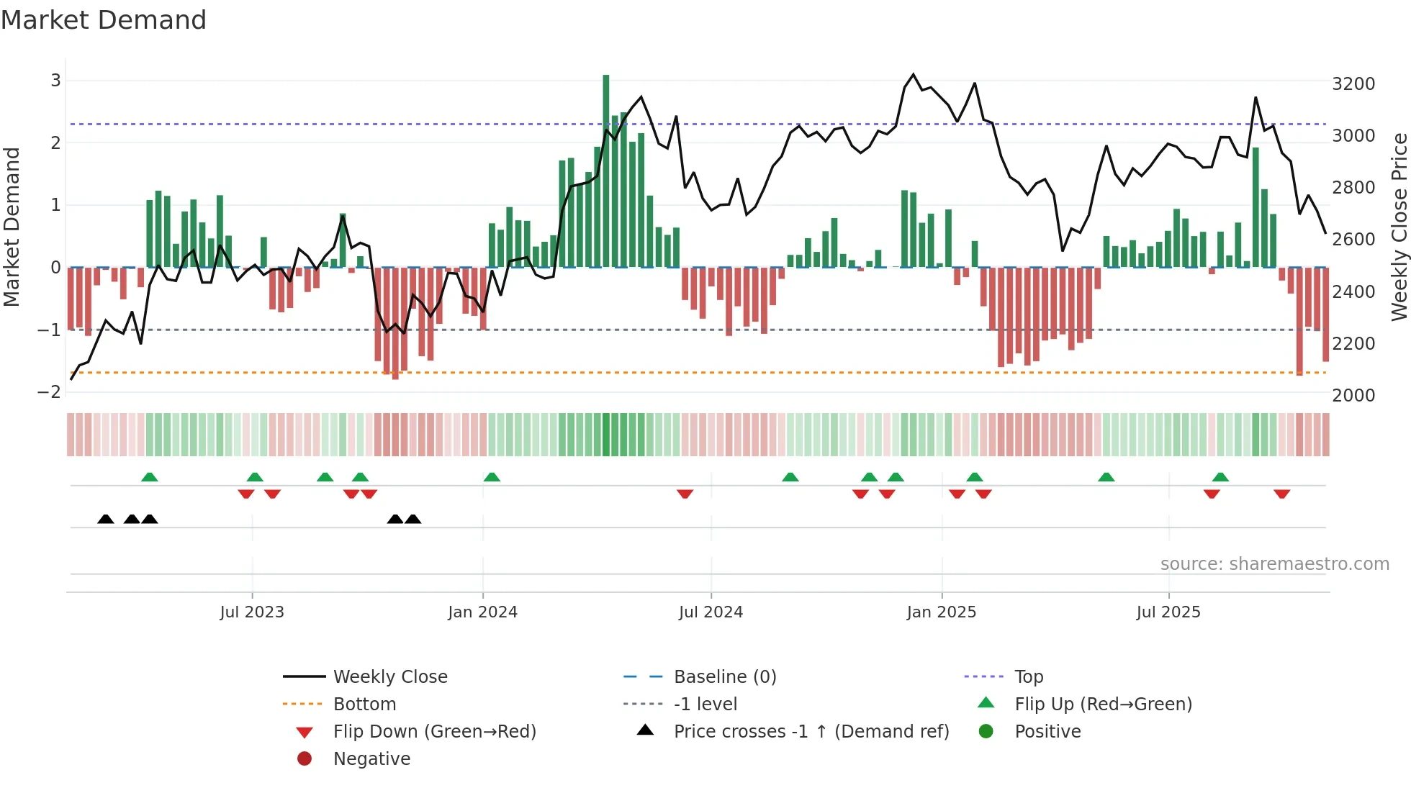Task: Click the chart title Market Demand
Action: tap(104, 20)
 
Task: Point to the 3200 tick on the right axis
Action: tap(1353, 84)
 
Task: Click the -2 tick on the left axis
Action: tap(49, 392)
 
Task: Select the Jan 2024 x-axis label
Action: tap(482, 612)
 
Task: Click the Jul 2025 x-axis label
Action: tap(1168, 612)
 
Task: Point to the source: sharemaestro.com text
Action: tap(1274, 564)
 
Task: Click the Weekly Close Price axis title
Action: tap(1399, 227)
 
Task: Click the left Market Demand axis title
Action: tap(12, 227)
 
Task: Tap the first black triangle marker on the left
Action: tap(106, 519)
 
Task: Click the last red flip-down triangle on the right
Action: tap(1281, 494)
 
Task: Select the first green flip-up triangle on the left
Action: tap(150, 477)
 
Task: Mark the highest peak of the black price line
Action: tap(914, 75)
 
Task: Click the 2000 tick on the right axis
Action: tap(1353, 396)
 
